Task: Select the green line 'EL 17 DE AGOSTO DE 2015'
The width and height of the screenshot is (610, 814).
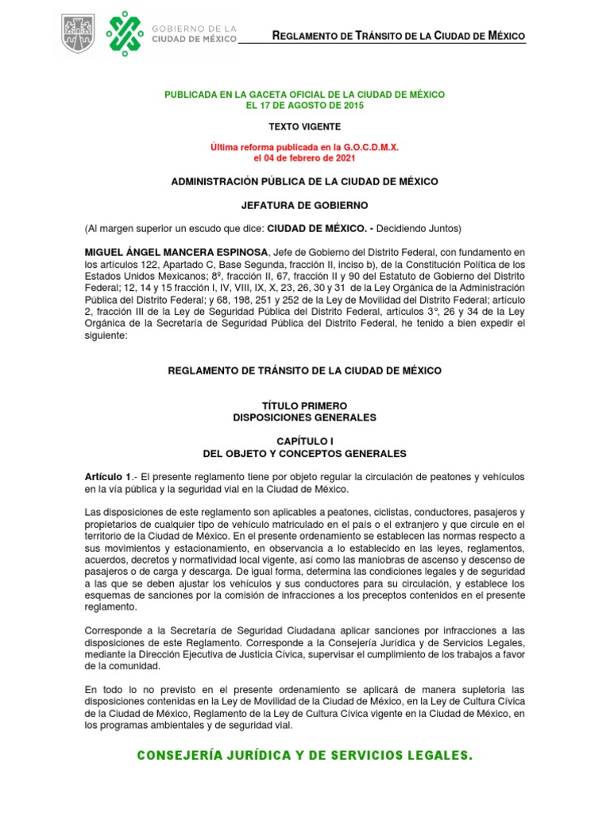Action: (x=304, y=106)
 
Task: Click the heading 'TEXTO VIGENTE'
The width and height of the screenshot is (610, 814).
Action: (x=304, y=126)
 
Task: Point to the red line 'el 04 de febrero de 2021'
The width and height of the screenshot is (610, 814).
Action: (x=304, y=158)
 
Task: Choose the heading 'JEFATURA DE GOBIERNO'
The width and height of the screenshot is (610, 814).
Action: (x=304, y=205)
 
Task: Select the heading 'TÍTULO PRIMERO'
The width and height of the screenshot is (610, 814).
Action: (x=304, y=406)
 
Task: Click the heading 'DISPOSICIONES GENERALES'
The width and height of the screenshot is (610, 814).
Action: (x=304, y=417)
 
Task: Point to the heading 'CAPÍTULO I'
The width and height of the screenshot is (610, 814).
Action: (x=304, y=442)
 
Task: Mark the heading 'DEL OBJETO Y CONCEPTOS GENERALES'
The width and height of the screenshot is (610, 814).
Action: (x=304, y=454)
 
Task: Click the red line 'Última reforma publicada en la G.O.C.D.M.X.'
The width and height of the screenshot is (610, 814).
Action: (x=304, y=148)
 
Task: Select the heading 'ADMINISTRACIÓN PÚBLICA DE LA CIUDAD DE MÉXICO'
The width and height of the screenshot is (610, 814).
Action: (x=304, y=182)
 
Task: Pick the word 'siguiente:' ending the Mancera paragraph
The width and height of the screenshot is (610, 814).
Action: (x=106, y=335)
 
